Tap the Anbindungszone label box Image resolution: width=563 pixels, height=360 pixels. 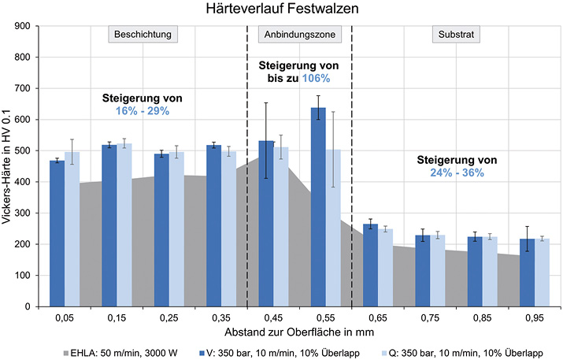pos(299,35)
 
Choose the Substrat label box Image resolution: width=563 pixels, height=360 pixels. pos(457,35)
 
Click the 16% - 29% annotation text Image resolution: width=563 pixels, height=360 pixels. pos(143,112)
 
